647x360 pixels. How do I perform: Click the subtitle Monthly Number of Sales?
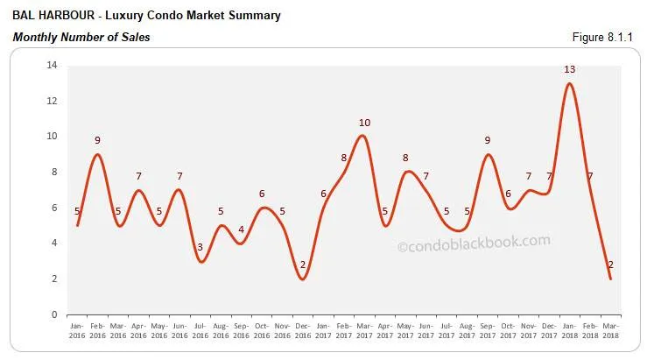(81, 37)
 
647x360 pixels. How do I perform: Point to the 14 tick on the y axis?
(52, 65)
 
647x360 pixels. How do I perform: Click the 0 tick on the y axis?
(54, 314)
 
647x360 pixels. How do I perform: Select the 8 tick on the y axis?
(54, 172)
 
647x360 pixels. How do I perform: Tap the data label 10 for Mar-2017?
(364, 122)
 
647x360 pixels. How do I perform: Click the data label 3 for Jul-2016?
(200, 248)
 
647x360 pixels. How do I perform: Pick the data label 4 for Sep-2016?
(242, 230)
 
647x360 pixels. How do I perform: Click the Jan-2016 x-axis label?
(78, 330)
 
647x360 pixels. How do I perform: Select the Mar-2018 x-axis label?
(610, 330)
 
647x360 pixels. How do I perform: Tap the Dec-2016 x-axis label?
(303, 330)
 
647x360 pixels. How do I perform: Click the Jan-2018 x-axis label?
(569, 330)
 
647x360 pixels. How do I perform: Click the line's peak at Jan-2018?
(569, 83)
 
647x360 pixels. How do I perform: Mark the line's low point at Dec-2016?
(303, 279)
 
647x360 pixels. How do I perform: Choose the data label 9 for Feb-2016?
(98, 140)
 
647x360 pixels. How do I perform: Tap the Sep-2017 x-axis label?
(488, 330)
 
